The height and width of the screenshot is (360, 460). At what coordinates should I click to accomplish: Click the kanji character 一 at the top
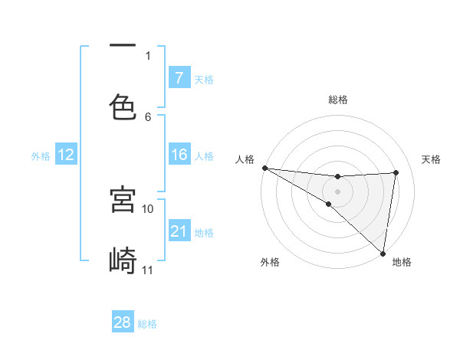point(123,46)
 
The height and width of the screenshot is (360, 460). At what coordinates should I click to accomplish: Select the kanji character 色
point(123,106)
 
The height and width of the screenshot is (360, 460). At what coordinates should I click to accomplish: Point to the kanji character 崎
point(123,260)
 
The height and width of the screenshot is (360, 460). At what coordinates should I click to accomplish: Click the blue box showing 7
point(179,78)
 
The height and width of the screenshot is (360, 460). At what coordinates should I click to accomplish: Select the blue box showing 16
point(179,155)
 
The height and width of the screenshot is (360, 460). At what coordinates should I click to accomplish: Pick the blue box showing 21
point(179,231)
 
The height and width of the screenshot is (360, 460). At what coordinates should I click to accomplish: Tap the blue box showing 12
point(65,155)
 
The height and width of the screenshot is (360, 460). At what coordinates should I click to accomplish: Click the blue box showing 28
point(123,322)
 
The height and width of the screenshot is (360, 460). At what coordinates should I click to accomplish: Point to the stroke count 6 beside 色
point(148,116)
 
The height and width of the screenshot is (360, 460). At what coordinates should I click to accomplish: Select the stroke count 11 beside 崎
point(148,270)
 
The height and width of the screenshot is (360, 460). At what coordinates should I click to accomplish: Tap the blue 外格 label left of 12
point(41,156)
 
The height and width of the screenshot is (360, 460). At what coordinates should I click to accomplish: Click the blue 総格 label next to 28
point(147,324)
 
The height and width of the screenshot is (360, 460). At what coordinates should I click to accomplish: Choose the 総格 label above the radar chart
point(338,100)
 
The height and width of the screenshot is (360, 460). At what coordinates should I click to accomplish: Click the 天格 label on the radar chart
point(432,159)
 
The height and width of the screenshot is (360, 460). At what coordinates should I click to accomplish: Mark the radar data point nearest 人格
point(264,168)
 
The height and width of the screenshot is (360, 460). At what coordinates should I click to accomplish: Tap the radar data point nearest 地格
point(383,253)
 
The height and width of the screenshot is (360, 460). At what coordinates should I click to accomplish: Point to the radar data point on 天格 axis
point(396,172)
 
